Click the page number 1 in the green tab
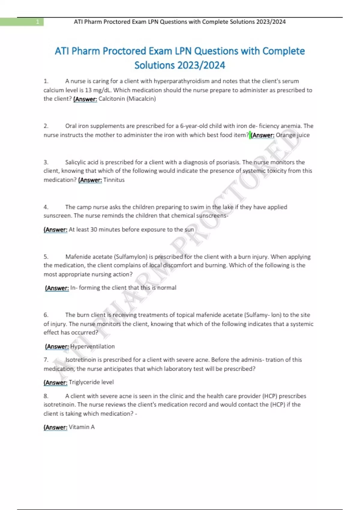point(37,22)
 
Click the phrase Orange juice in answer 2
point(292,135)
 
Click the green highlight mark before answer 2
point(250,135)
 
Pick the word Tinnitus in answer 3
point(114,180)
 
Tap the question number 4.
point(46,207)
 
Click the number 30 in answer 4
point(94,229)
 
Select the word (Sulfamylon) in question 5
point(130,257)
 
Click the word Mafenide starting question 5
point(79,257)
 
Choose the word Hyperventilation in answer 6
point(92,346)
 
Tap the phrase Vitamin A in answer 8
point(82,427)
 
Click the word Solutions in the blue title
point(154,65)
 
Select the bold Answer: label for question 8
point(56,427)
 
